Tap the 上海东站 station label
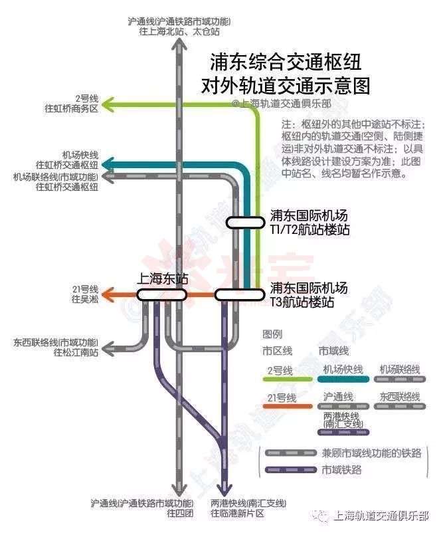163,279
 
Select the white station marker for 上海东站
163,294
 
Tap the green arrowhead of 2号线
108,104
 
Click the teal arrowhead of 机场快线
108,163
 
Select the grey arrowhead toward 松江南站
108,347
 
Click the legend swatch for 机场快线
343,379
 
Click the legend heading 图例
272,334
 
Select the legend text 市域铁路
343,469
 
